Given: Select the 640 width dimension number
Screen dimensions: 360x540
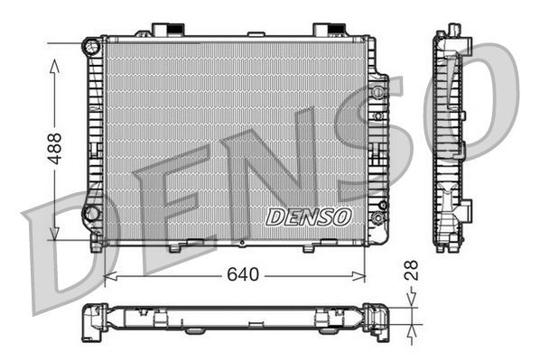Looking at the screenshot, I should pos(243,273).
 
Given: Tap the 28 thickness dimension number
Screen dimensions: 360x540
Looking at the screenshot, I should pos(412,269).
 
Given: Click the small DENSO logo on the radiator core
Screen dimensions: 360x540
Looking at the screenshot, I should pos(309,217).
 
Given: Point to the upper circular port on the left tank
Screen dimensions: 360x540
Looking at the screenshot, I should pos(90,45).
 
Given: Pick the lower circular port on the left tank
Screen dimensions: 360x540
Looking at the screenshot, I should pos(90,213).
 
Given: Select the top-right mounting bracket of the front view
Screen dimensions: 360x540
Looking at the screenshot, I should pos(325,30).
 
